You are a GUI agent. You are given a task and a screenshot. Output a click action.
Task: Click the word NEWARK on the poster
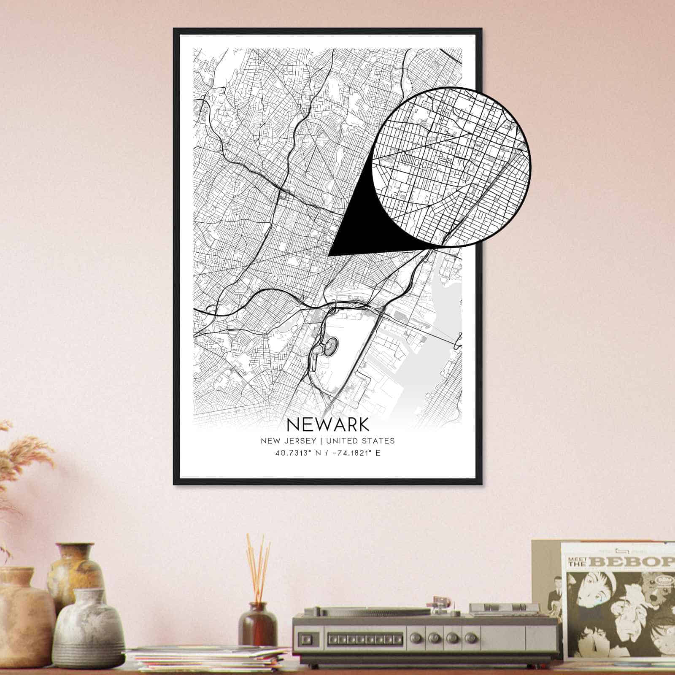(327, 424)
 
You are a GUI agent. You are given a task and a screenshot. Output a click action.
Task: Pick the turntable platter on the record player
(367, 610)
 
